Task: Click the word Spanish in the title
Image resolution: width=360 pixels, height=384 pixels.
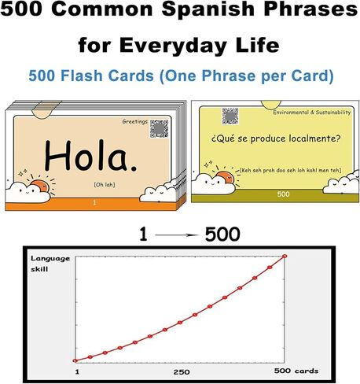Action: (x=208, y=9)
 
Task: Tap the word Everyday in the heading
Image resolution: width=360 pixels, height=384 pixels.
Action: (x=173, y=45)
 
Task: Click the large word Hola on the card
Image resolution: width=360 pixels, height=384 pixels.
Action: (x=90, y=156)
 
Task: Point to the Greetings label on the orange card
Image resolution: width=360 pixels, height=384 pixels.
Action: (x=135, y=121)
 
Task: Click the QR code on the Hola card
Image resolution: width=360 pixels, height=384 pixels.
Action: (x=160, y=128)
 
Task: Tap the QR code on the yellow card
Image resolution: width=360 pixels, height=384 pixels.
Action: (x=230, y=116)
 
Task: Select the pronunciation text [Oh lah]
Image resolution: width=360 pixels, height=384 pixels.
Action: (x=105, y=185)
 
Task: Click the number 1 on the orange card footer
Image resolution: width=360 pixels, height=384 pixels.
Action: (x=94, y=202)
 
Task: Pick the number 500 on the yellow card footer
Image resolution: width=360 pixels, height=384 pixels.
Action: (x=283, y=194)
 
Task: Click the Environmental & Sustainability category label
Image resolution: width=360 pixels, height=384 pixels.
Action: (x=311, y=113)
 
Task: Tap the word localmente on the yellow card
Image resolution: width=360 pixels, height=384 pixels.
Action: (x=314, y=138)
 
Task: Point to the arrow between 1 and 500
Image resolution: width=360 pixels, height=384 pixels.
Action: (x=176, y=235)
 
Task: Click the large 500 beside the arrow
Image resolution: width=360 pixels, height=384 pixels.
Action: (x=222, y=234)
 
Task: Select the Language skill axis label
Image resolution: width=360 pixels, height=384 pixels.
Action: (x=50, y=264)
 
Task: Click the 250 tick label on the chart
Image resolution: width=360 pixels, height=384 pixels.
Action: (x=182, y=372)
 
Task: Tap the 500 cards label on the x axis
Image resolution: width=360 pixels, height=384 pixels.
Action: (x=296, y=371)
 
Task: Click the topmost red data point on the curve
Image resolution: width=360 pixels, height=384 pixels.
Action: (x=285, y=256)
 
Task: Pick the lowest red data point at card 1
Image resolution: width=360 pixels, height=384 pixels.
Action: (x=75, y=360)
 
